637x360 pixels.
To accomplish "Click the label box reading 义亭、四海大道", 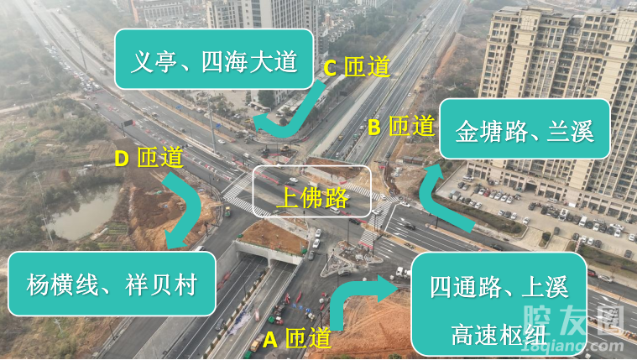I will click(x=214, y=60).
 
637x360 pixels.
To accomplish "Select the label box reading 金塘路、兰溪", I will click(x=525, y=130).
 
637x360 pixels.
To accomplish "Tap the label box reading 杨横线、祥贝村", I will click(x=112, y=284).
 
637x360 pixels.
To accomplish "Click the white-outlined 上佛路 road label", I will click(x=312, y=192).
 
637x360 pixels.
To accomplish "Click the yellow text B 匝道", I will click(x=400, y=127).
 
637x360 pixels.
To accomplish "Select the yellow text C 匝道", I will click(x=357, y=67).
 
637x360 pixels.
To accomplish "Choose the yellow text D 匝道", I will click(x=149, y=157).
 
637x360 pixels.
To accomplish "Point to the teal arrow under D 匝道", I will click(x=189, y=210).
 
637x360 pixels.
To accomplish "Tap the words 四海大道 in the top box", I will click(x=249, y=60).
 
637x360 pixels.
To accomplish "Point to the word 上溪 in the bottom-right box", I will click(x=545, y=287).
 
